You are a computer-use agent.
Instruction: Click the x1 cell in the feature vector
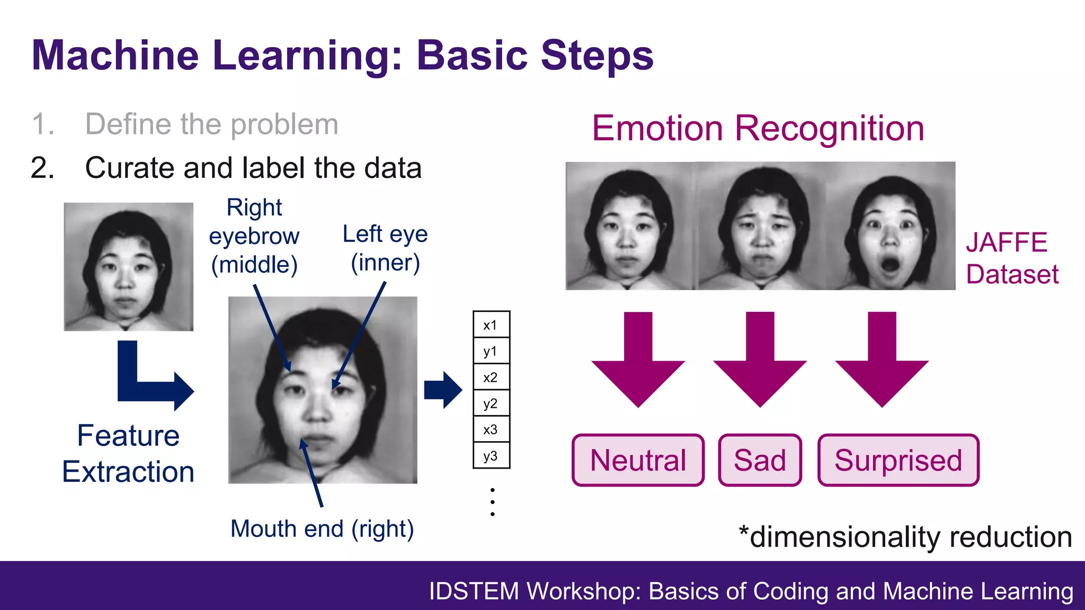[x=491, y=325]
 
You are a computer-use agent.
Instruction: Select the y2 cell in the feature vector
[x=491, y=403]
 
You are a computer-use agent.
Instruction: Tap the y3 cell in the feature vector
[x=491, y=456]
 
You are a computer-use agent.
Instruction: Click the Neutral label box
[x=638, y=460]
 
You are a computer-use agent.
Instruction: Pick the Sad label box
[x=760, y=460]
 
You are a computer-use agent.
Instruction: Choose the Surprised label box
[x=898, y=460]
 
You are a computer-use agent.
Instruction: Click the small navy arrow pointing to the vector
[x=443, y=390]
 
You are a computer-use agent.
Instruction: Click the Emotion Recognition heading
[x=758, y=129]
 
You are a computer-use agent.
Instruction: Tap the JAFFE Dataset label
[x=1011, y=258]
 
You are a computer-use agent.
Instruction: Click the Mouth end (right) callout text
[x=322, y=529]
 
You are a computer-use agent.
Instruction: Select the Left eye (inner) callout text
[x=385, y=248]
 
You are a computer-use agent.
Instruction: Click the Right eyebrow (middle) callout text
[x=254, y=236]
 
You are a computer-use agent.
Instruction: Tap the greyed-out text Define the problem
[x=211, y=124]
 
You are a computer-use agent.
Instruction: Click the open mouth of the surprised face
[x=890, y=264]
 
